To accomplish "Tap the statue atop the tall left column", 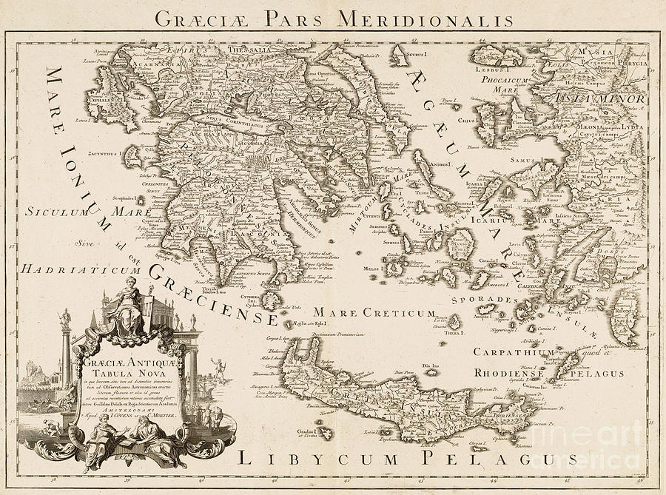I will coord(65,319).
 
